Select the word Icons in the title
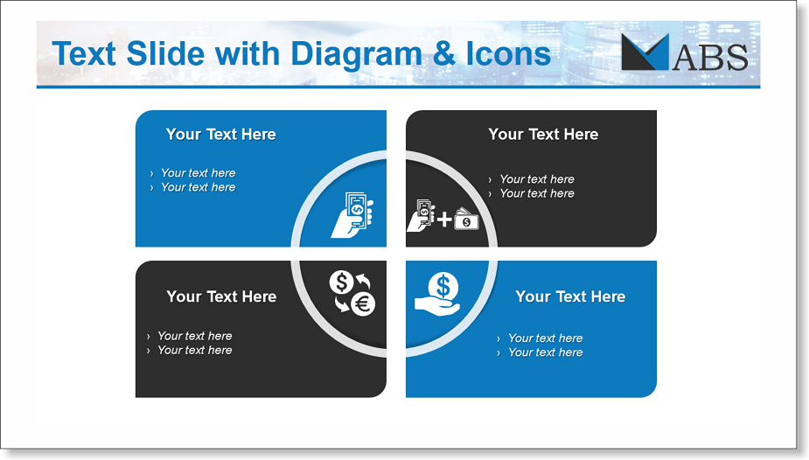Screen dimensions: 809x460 coord(509,53)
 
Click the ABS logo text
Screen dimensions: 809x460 coord(710,57)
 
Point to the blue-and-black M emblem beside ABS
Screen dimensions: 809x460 coord(645,52)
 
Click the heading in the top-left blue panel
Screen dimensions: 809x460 coord(220,134)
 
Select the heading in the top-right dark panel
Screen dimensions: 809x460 coord(543,134)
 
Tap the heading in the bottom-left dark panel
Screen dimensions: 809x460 coord(221,296)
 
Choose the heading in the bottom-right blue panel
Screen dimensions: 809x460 coord(570,296)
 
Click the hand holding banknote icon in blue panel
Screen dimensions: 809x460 coord(352,214)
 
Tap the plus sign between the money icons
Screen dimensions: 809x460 coord(443,220)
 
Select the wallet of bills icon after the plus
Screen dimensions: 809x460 coord(466,219)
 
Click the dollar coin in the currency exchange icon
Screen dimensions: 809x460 coord(342,282)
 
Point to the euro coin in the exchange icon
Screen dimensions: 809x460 coord(363,303)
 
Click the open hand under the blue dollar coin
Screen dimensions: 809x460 coord(437,306)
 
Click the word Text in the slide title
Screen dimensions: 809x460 coord(84,53)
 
